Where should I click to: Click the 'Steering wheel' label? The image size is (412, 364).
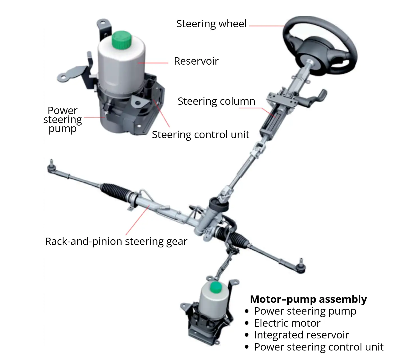coord(211,24)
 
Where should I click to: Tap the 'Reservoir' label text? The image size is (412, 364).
coord(196,61)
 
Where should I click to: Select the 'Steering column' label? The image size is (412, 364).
coord(216,101)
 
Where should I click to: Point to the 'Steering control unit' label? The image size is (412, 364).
coord(200,135)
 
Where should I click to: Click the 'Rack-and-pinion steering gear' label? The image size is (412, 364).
coord(116,242)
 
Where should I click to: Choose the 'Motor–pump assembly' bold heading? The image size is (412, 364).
coord(308,299)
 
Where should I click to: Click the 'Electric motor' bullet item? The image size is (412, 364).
coord(287,323)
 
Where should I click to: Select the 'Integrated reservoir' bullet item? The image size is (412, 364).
coord(301,335)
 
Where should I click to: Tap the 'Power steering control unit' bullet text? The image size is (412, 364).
coord(318,347)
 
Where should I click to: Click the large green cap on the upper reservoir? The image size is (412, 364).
coord(121,39)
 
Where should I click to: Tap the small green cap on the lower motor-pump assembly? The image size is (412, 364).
coord(216,287)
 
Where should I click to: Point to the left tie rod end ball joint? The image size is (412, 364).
coord(51,167)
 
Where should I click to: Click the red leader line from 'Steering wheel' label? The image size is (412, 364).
coord(267,26)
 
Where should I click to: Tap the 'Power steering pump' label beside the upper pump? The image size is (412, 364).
coord(63,120)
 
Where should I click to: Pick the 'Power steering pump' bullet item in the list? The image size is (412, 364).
coord(305,311)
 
